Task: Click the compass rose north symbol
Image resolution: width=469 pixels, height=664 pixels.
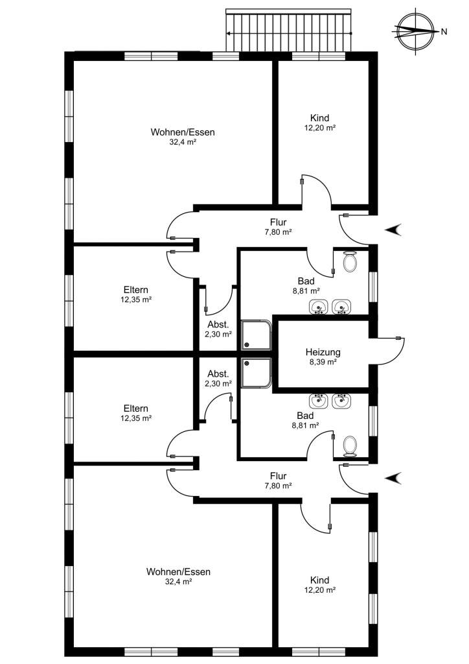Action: (x=416, y=31)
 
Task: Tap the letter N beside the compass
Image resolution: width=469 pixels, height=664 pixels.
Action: (x=444, y=31)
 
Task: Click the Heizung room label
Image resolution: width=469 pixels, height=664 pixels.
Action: (x=323, y=352)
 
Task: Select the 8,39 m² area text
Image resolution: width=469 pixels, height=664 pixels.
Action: (x=323, y=362)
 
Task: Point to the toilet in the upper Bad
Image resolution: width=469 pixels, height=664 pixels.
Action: (x=350, y=261)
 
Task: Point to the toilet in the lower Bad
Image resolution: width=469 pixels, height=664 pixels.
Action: (x=350, y=446)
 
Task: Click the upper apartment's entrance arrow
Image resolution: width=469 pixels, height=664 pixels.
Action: (x=393, y=230)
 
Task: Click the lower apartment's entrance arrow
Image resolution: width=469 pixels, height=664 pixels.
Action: (x=393, y=478)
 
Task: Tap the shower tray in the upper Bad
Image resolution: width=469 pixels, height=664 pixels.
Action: (x=256, y=335)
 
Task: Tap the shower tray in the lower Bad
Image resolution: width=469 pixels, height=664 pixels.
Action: (x=256, y=373)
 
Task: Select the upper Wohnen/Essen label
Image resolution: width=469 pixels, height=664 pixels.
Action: (x=183, y=132)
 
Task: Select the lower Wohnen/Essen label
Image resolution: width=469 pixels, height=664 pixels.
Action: (x=178, y=572)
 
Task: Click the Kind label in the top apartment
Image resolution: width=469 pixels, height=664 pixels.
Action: (x=320, y=118)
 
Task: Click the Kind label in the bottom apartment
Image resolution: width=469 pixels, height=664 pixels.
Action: (x=320, y=580)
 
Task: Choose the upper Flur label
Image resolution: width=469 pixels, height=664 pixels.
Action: (x=279, y=222)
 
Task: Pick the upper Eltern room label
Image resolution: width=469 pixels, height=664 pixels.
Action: (x=136, y=290)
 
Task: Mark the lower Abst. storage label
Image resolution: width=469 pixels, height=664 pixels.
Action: (x=218, y=374)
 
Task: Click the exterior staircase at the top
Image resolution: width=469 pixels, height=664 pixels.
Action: (x=289, y=30)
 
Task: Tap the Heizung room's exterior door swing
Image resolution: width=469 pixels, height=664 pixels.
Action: (x=387, y=351)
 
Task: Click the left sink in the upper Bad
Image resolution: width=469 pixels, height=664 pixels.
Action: (x=319, y=307)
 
